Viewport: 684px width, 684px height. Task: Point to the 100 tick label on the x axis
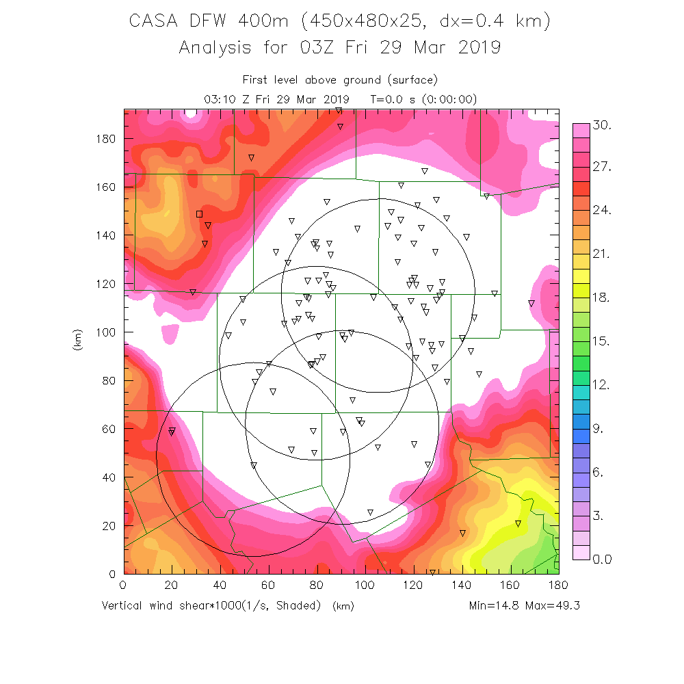coord(365,585)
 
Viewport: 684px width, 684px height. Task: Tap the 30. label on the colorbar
coord(602,126)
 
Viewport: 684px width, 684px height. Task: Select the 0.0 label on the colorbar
coord(602,560)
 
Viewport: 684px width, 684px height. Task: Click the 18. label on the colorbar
coord(602,299)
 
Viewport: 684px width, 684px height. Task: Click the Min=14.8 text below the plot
coord(495,605)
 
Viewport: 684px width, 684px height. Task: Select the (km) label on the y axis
coord(77,340)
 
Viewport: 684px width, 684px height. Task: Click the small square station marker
coord(199,214)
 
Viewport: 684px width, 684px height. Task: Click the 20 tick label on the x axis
coord(171,585)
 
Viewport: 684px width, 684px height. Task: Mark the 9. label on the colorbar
coord(599,430)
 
